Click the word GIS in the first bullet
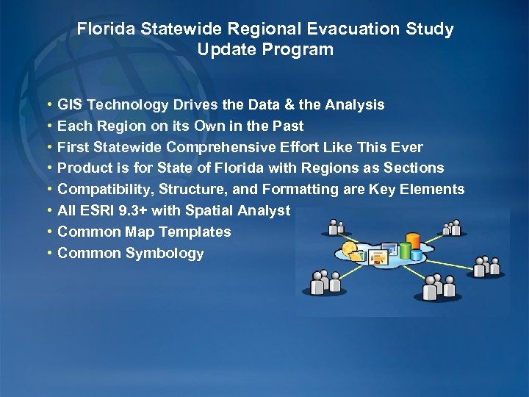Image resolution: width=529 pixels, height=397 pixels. pyautogui.click(x=71, y=105)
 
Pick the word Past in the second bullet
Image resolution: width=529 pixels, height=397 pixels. pyautogui.click(x=289, y=126)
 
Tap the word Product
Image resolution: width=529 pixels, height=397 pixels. pyautogui.click(x=84, y=168)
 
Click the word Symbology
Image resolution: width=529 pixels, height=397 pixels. pyautogui.click(x=165, y=254)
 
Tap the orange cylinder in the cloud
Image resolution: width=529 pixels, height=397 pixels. pyautogui.click(x=414, y=241)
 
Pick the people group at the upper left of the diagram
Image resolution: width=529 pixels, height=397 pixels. pyautogui.click(x=337, y=229)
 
